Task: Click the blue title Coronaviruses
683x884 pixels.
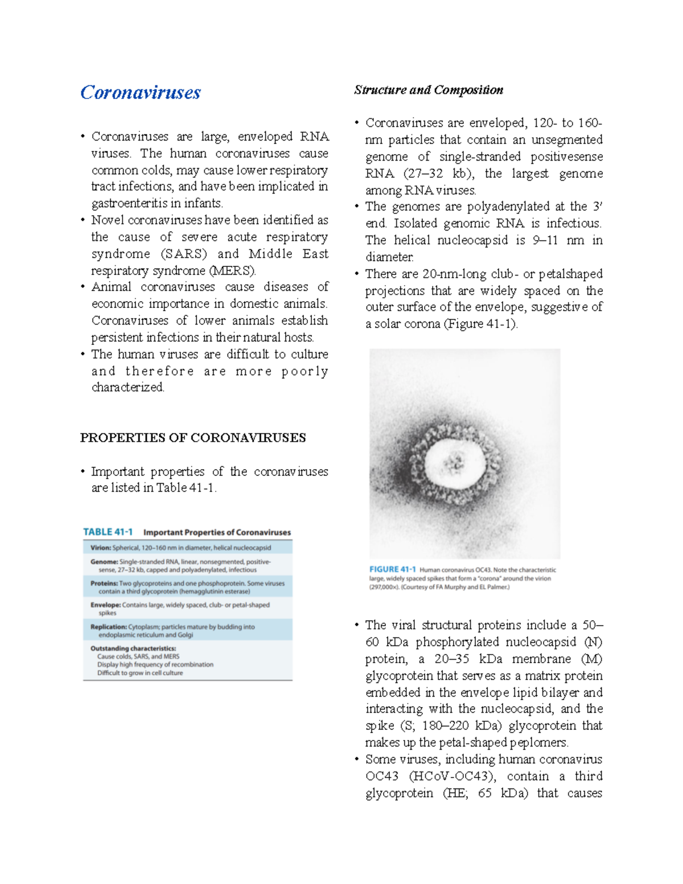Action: tap(140, 92)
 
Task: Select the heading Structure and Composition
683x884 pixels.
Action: tap(428, 90)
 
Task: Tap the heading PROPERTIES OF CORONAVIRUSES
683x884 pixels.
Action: tap(192, 438)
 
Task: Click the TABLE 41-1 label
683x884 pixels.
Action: tap(108, 532)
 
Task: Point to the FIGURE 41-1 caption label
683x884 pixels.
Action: tap(392, 569)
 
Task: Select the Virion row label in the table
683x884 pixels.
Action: tap(101, 548)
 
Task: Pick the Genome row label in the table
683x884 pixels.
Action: tap(104, 562)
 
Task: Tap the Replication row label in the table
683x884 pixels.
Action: tap(108, 627)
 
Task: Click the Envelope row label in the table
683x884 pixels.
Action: tap(105, 605)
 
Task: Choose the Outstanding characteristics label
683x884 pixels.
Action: tap(133, 648)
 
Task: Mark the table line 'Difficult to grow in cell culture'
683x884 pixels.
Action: tap(140, 673)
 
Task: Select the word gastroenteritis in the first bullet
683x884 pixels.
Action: tap(129, 203)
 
